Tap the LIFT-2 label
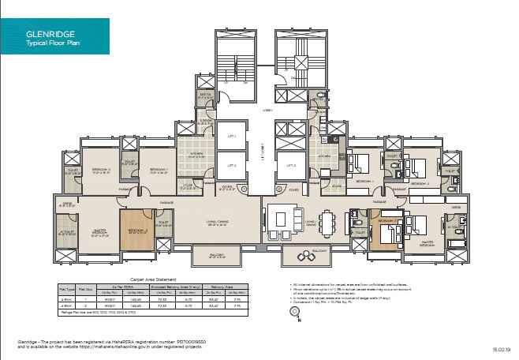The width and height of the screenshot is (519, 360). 233,166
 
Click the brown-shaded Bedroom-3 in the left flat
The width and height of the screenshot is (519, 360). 135,231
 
